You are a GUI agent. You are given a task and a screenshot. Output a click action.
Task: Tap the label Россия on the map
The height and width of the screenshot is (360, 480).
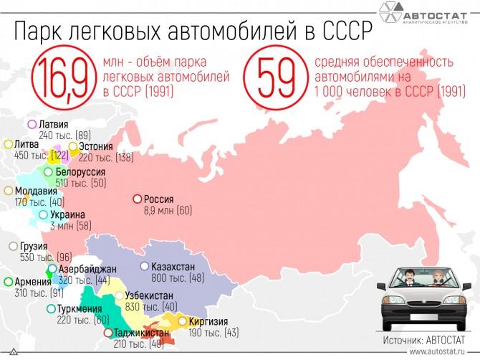click(x=159, y=199)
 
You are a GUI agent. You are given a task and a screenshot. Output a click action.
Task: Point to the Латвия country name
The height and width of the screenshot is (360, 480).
click(x=55, y=124)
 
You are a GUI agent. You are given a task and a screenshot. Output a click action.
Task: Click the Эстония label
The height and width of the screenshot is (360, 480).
click(x=96, y=146)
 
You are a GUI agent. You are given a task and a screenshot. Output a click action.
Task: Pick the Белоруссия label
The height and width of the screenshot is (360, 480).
click(x=80, y=172)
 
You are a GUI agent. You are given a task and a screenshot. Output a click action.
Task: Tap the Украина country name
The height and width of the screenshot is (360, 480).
click(x=67, y=214)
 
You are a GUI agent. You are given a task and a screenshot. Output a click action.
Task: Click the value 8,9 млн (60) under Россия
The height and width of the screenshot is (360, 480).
click(x=168, y=211)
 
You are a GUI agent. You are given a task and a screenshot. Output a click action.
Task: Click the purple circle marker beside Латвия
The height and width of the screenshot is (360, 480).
click(x=32, y=124)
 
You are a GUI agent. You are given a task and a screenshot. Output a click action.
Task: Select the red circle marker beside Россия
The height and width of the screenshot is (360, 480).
click(x=137, y=200)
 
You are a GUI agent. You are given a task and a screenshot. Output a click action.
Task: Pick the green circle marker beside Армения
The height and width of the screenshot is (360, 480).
click(x=8, y=282)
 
